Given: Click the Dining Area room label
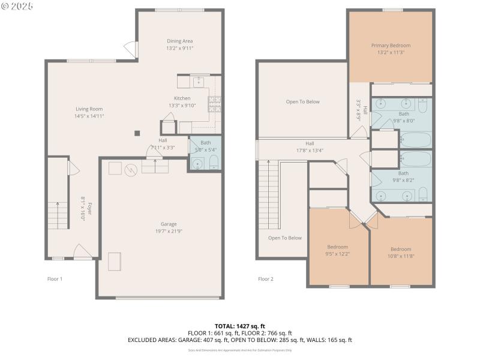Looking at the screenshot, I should pos(180,41).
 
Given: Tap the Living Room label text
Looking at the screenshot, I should pos(89,109).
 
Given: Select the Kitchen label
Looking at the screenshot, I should pos(182,98).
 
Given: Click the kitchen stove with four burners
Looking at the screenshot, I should pos(215,105).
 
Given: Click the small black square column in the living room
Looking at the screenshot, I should pos(137,133).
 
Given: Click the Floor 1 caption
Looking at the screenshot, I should pos(55,279).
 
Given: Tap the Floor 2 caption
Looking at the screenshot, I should pos(265,279).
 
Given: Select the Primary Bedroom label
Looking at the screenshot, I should pos(391,46).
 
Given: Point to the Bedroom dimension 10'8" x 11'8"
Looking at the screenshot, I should pos(401,256).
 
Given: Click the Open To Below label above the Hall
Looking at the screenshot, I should pos(302,101).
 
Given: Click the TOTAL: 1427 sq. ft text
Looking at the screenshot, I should pos(239,326).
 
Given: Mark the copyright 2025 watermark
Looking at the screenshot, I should pos(17,5).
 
